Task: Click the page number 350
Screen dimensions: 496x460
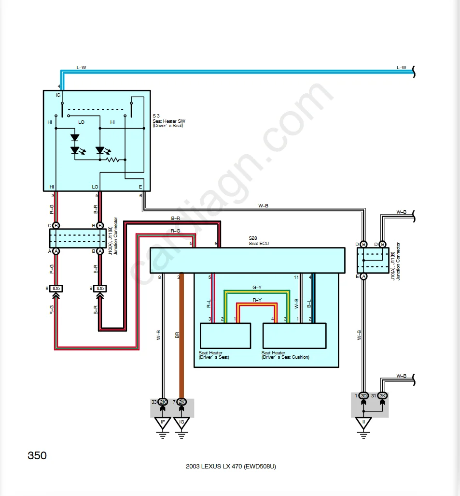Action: tap(37, 455)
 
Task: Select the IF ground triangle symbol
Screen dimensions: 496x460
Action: tap(162, 424)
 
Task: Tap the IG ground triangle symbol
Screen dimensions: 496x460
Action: tap(182, 424)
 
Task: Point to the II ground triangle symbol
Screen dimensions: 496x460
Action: tap(363, 424)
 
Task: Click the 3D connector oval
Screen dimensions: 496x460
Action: tap(364, 396)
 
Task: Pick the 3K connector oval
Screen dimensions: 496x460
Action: tap(383, 396)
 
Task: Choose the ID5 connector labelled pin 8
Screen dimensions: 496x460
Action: tap(56, 289)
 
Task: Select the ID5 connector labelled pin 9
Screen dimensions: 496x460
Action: tap(100, 289)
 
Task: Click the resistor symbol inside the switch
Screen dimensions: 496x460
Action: tap(113, 159)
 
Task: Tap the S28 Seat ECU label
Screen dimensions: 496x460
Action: tap(258, 241)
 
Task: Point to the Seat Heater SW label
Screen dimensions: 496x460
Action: tap(168, 121)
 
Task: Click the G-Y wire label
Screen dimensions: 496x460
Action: tap(257, 287)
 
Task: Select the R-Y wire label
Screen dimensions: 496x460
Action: tap(257, 300)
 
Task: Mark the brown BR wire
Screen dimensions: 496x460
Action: tap(181, 338)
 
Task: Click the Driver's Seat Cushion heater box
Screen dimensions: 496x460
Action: tap(294, 336)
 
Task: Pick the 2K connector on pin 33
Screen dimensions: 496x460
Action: tap(163, 402)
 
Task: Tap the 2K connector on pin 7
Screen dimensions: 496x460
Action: tap(182, 402)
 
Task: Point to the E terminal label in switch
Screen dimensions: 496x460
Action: tap(140, 187)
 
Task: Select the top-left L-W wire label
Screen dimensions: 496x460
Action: tap(81, 67)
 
